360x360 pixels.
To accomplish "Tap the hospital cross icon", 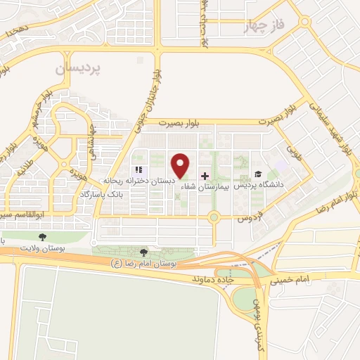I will tap(205, 176).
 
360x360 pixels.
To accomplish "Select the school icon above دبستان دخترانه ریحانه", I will tap(139, 170).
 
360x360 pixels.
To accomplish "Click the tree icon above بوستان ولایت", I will tap(44, 237).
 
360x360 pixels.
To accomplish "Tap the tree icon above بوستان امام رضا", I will tap(144, 252).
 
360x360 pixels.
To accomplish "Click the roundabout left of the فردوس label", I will tap(213, 218).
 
